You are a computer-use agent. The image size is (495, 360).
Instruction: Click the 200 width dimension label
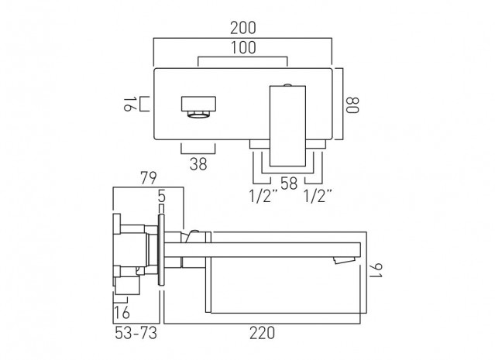tap(242, 28)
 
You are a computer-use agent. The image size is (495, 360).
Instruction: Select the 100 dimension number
tap(243, 48)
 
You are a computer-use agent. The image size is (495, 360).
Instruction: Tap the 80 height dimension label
tap(352, 105)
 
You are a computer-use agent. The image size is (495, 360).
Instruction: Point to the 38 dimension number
tap(198, 164)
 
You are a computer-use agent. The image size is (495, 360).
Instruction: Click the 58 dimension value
tap(289, 183)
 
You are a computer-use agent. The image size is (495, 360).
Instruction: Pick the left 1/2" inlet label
tap(263, 196)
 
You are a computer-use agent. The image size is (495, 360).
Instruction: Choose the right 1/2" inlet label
tap(318, 196)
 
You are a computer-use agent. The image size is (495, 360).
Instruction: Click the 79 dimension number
tap(149, 178)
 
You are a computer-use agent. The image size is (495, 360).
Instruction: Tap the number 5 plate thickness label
tap(162, 197)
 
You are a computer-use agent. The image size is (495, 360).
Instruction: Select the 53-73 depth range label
tap(136, 333)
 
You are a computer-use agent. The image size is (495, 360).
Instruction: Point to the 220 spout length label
tap(262, 333)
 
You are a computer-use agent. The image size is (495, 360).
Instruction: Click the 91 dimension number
tap(376, 271)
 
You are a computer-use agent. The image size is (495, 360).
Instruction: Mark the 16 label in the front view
tap(128, 104)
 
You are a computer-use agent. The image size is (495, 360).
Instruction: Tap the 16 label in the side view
tap(122, 313)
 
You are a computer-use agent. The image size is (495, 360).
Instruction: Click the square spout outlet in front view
tap(198, 104)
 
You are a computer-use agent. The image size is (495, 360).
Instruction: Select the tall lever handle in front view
tap(287, 126)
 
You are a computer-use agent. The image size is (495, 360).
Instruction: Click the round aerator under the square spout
tap(198, 115)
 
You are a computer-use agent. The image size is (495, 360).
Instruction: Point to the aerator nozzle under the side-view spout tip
tap(345, 260)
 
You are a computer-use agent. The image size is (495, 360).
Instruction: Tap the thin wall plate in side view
tap(161, 249)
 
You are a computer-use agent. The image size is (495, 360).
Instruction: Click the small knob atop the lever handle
tap(287, 84)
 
